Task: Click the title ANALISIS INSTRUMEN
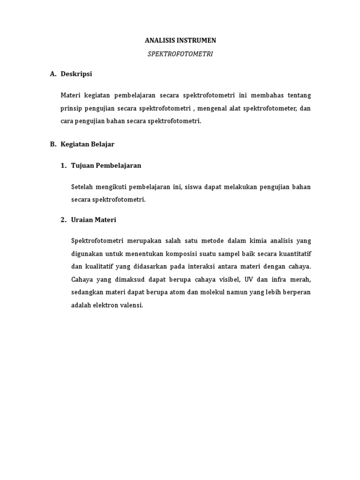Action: (180, 41)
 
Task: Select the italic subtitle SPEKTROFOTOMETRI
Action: (180, 54)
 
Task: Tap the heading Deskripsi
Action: (76, 74)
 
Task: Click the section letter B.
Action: (52, 144)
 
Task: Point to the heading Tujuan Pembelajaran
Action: (106, 165)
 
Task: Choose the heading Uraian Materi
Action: (93, 219)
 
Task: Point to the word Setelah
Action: (82, 187)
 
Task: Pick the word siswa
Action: (195, 187)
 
